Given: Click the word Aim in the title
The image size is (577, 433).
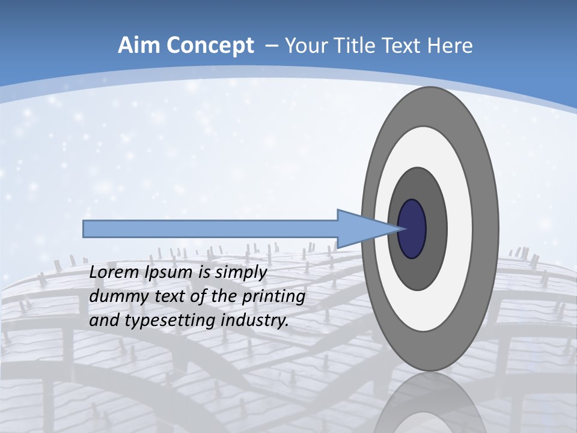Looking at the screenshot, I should (x=138, y=46).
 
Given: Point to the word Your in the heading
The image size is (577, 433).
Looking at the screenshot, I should (x=304, y=46).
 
